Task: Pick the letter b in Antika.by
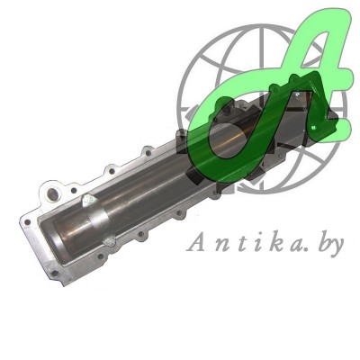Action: tap(313, 242)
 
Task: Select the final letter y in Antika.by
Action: tap(335, 247)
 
